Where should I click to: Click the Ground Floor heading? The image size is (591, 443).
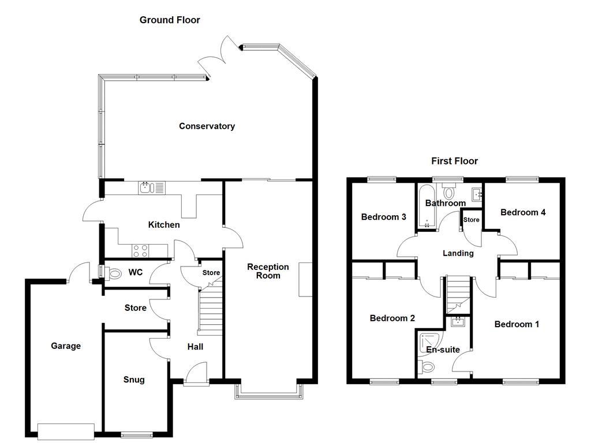170,20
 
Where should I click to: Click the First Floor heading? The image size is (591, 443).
454,161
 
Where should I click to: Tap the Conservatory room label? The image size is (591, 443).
207,126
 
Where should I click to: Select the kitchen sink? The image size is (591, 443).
152,187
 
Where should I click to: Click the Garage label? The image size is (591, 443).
66,346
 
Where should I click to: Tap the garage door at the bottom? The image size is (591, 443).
66,431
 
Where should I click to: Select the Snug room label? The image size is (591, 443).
134,380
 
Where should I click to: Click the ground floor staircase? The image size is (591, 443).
210,311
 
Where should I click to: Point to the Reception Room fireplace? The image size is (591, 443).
305,280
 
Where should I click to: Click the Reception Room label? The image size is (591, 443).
268,271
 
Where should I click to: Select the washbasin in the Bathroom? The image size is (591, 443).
477,194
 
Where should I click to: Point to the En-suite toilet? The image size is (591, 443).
428,366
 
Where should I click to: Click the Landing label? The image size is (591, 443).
458,253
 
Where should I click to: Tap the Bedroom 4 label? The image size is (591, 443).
522,212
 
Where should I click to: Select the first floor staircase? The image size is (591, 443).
459,294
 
